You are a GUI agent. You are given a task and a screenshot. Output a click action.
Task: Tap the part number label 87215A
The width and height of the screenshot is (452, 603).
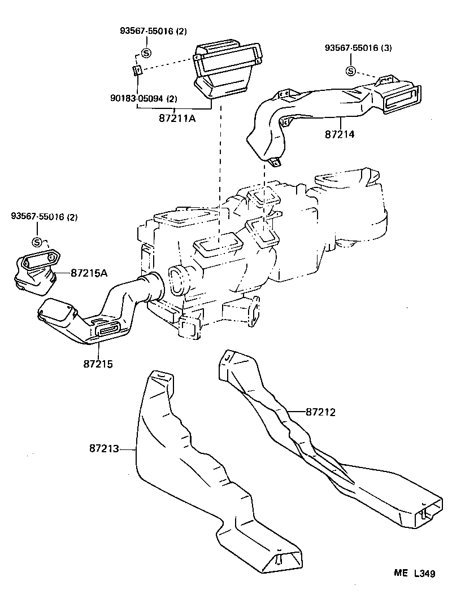(89, 273)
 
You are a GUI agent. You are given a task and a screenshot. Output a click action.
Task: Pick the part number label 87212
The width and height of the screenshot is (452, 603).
(320, 412)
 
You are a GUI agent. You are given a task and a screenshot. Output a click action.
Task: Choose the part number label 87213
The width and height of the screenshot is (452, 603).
(104, 448)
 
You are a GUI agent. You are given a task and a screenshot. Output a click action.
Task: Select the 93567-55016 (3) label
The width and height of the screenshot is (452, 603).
(358, 48)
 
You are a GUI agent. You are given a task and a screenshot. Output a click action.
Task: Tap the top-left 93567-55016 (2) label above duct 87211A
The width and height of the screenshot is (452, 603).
(153, 31)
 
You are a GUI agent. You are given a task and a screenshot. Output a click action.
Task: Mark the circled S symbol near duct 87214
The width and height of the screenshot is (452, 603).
(351, 71)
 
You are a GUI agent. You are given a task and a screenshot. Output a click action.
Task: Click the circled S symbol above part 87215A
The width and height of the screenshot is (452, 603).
(37, 242)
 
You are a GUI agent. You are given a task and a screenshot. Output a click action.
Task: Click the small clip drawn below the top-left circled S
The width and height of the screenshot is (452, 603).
(136, 70)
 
